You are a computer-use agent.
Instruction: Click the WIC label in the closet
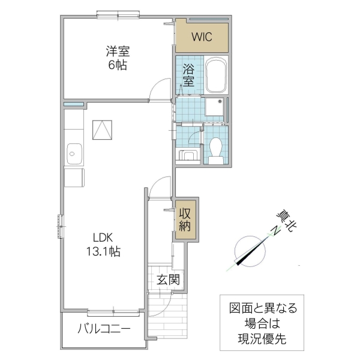(202, 36)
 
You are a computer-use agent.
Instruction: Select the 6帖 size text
(117, 65)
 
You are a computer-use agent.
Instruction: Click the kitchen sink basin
(74, 154)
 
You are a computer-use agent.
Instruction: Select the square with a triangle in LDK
(102, 130)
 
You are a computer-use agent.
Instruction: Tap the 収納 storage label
(185, 220)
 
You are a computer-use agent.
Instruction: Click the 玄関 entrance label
(168, 279)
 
